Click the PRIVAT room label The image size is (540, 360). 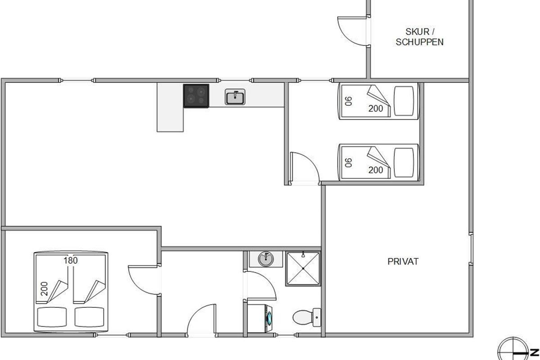403,261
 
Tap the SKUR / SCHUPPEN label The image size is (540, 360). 419,37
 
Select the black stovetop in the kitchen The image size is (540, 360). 196,96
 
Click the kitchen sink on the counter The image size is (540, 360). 235,97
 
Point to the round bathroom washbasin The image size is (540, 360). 266,259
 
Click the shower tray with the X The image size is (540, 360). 303,268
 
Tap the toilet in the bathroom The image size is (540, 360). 306,317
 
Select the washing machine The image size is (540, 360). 260,318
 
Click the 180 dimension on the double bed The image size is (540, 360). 71,261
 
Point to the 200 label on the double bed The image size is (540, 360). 44,288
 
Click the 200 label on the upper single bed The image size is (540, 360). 376,108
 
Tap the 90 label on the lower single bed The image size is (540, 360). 349,162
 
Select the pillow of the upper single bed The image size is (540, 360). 404,101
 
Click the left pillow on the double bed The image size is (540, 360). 52,317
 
